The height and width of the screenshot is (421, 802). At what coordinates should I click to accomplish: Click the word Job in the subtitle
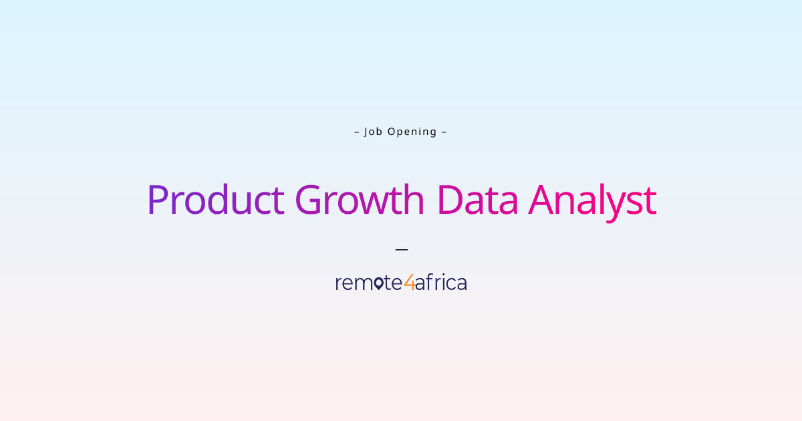click(x=373, y=132)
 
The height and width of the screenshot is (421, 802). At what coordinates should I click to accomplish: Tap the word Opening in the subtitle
click(x=412, y=132)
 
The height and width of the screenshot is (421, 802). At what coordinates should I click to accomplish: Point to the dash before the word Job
click(x=357, y=132)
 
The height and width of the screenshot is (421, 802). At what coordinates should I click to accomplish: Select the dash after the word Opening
click(x=444, y=132)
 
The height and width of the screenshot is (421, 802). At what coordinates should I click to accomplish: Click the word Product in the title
click(x=216, y=199)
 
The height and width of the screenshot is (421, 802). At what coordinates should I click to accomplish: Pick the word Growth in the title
click(x=360, y=199)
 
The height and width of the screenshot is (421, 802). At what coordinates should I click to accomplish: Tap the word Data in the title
click(x=478, y=199)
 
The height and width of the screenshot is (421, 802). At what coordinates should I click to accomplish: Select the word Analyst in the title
click(x=593, y=202)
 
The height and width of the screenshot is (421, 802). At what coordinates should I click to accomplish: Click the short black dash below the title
click(x=402, y=249)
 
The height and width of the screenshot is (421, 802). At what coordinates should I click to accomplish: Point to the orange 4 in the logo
click(x=410, y=282)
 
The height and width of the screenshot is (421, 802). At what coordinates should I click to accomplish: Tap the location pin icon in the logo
click(x=378, y=283)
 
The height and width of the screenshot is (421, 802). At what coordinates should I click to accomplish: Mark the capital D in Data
click(x=450, y=200)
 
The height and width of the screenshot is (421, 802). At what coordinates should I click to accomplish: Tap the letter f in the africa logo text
click(x=430, y=282)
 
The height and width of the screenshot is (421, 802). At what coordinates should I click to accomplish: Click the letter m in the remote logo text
click(x=362, y=283)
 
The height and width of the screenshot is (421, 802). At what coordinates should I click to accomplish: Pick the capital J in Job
click(x=366, y=132)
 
